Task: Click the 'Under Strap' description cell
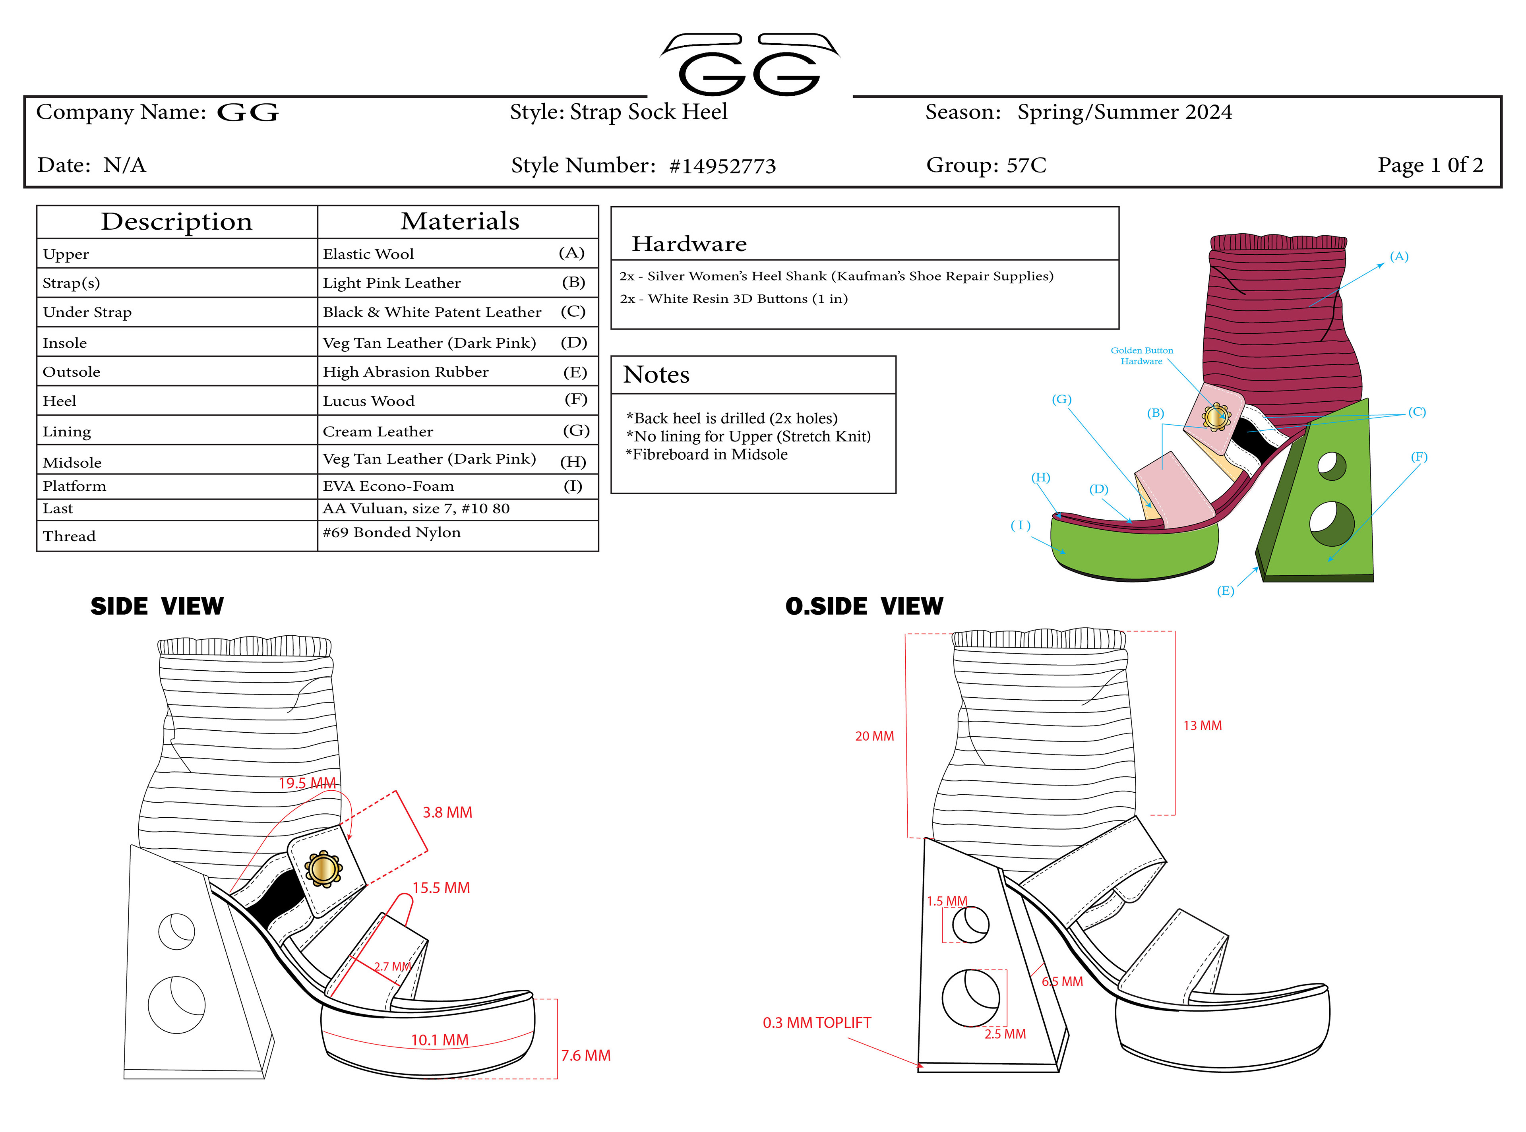tap(87, 312)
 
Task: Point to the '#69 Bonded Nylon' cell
tap(392, 532)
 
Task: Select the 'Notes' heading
tap(656, 375)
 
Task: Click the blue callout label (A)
tap(1398, 256)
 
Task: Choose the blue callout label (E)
tap(1225, 591)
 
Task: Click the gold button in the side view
tap(323, 869)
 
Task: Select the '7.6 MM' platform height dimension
tap(585, 1055)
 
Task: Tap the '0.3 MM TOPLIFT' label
tap(816, 1022)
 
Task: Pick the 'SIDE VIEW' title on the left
tap(157, 606)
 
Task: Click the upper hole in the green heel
tap(1331, 466)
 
